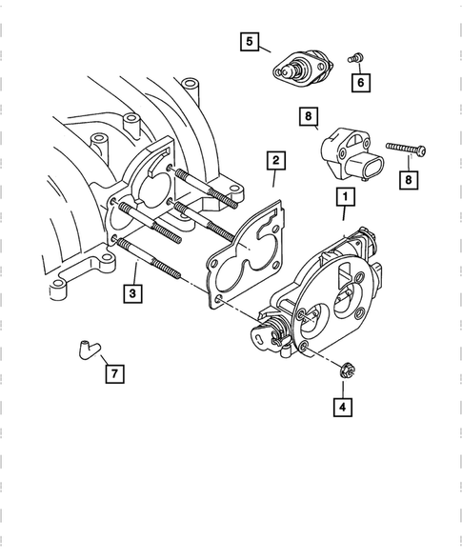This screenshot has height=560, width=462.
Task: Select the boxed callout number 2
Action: click(274, 161)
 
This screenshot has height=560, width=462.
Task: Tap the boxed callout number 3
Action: click(134, 293)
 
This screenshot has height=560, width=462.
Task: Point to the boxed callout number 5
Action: click(249, 41)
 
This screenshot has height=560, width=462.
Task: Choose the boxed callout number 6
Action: click(361, 83)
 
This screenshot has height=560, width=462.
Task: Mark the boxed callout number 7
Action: click(113, 373)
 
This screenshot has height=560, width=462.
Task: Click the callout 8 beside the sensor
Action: click(308, 118)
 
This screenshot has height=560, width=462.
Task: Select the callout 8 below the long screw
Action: click(409, 177)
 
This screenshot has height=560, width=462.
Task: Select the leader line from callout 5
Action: click(265, 48)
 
